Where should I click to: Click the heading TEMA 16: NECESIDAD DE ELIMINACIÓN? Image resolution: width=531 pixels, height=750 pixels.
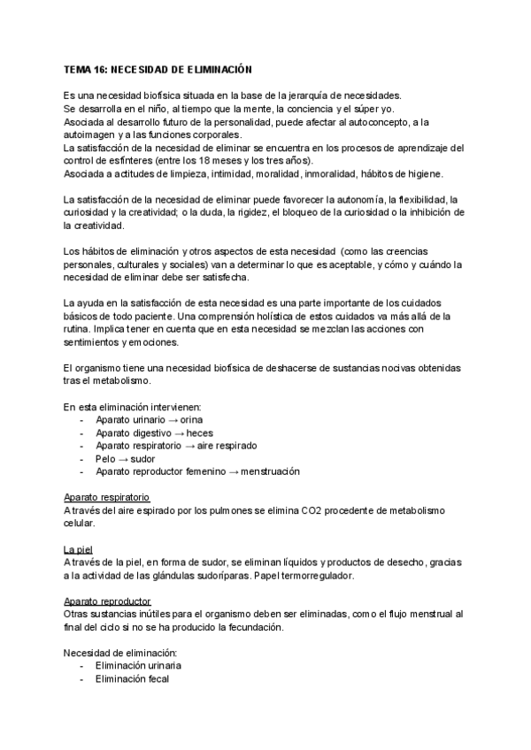158,68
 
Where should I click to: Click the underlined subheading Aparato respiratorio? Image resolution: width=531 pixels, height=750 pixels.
107,498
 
